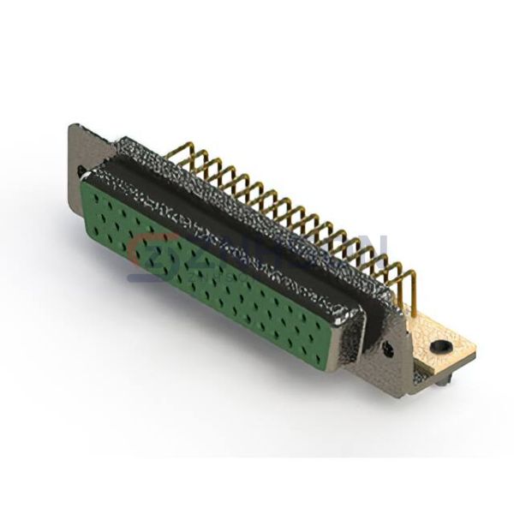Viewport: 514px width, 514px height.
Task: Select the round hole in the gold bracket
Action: click(x=440, y=346)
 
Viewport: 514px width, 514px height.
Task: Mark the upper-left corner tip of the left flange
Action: click(x=71, y=126)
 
